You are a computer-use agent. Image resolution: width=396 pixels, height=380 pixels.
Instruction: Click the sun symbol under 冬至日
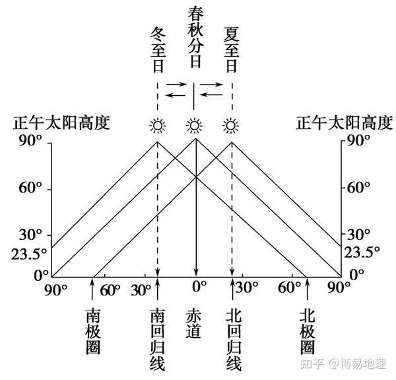pos(156,124)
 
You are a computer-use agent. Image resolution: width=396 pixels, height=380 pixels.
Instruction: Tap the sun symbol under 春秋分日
pos(194,124)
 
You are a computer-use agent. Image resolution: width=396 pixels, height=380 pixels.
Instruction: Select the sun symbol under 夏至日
pos(231,124)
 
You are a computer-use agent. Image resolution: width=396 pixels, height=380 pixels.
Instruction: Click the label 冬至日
pos(157,50)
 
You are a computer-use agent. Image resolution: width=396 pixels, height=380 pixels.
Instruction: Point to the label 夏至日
pos(231,50)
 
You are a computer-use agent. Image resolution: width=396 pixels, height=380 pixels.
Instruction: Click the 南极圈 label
pos(92,330)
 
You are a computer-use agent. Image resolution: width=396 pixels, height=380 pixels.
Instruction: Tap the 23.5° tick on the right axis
pos(363,252)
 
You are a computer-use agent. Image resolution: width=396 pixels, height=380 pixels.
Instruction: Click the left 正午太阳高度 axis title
pos(61,123)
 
